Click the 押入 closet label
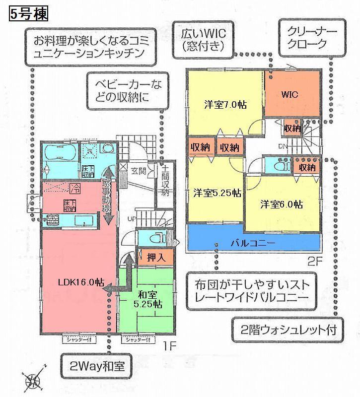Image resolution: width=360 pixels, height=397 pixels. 156,257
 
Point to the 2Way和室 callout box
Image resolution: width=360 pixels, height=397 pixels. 98,367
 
